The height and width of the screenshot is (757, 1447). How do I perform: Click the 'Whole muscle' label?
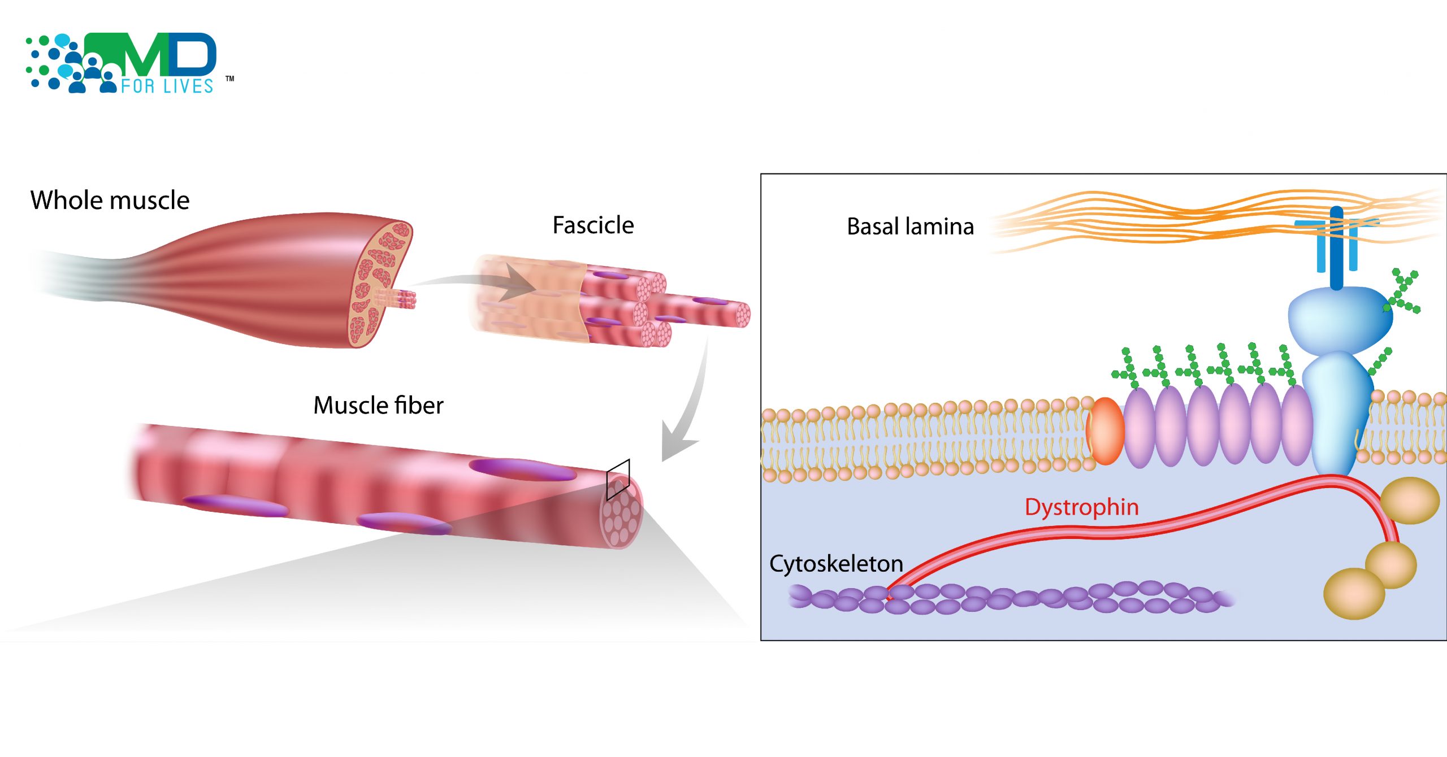(x=110, y=201)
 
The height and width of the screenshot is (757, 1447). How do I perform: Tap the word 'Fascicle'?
(x=593, y=225)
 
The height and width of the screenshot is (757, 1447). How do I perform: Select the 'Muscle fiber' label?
(x=378, y=406)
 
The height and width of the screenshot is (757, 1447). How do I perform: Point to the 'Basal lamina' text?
(x=910, y=227)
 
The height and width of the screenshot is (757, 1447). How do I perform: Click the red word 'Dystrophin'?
(x=1081, y=507)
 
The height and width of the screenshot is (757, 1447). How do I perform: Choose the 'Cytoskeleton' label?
(x=836, y=564)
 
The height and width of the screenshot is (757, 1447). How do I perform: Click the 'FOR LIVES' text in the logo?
(x=167, y=86)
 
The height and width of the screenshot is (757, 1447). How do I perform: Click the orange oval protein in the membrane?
(x=1105, y=431)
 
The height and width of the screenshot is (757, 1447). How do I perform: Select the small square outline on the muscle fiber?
(x=618, y=480)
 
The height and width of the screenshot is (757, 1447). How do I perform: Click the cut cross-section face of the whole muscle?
(x=379, y=282)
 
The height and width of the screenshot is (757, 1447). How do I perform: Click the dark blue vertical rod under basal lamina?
(x=1336, y=249)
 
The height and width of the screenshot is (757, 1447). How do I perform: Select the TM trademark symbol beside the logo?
(x=230, y=79)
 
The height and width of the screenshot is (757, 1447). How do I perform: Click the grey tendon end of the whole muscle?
(x=73, y=271)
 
